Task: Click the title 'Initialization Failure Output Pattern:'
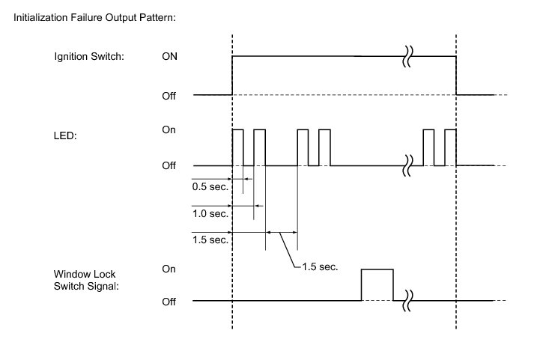[x=94, y=18]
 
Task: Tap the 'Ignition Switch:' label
[x=89, y=56]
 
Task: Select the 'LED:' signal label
[x=65, y=135]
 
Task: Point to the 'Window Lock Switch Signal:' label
[x=86, y=280]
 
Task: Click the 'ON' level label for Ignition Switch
[x=169, y=56]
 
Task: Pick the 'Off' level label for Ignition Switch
[x=169, y=96]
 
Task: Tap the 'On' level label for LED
[x=169, y=129]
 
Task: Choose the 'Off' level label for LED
[x=169, y=165]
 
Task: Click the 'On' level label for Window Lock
[x=169, y=269]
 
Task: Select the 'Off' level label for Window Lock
[x=169, y=302]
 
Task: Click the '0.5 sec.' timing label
[x=210, y=187]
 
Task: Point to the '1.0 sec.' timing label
[x=210, y=214]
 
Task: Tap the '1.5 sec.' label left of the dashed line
[x=210, y=240]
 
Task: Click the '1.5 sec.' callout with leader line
[x=320, y=266]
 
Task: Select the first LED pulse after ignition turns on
[x=237, y=129]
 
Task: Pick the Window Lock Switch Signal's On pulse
[x=377, y=269]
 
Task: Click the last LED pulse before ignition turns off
[x=451, y=129]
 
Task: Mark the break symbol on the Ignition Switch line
[x=407, y=56]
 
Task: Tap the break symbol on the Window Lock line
[x=407, y=301]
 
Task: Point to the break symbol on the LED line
[x=407, y=165]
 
